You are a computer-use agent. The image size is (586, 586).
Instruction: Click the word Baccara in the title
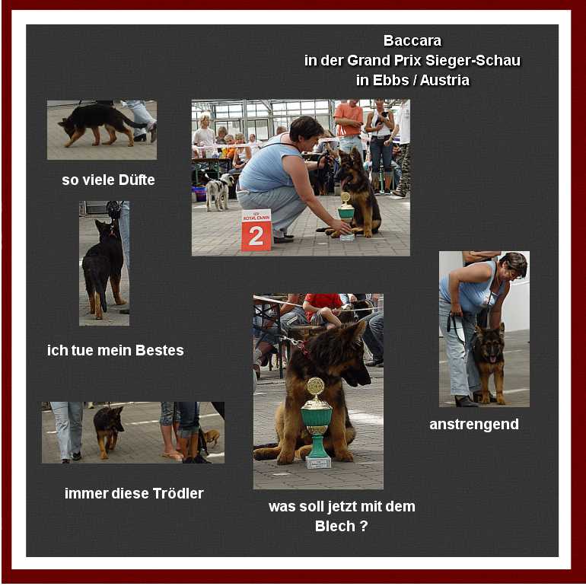[x=412, y=41]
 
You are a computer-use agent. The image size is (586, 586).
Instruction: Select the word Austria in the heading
[x=444, y=81]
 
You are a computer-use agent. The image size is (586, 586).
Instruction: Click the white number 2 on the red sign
[x=256, y=236]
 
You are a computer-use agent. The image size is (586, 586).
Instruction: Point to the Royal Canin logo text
[x=256, y=217]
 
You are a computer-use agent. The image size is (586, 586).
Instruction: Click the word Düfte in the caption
[x=136, y=180]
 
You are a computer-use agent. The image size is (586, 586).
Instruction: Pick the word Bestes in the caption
[x=160, y=351]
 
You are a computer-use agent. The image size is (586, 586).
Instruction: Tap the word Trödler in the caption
[x=178, y=493]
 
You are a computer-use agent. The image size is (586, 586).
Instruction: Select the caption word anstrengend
[x=474, y=425]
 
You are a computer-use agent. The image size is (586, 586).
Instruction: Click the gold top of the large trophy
[x=316, y=387]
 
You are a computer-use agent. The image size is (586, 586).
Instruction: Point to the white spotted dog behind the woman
[x=219, y=190]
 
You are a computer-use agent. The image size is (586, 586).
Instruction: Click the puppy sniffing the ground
[x=98, y=125]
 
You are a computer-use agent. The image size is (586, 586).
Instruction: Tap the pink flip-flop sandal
[x=172, y=455]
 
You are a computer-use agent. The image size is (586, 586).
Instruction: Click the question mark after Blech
[x=364, y=526]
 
